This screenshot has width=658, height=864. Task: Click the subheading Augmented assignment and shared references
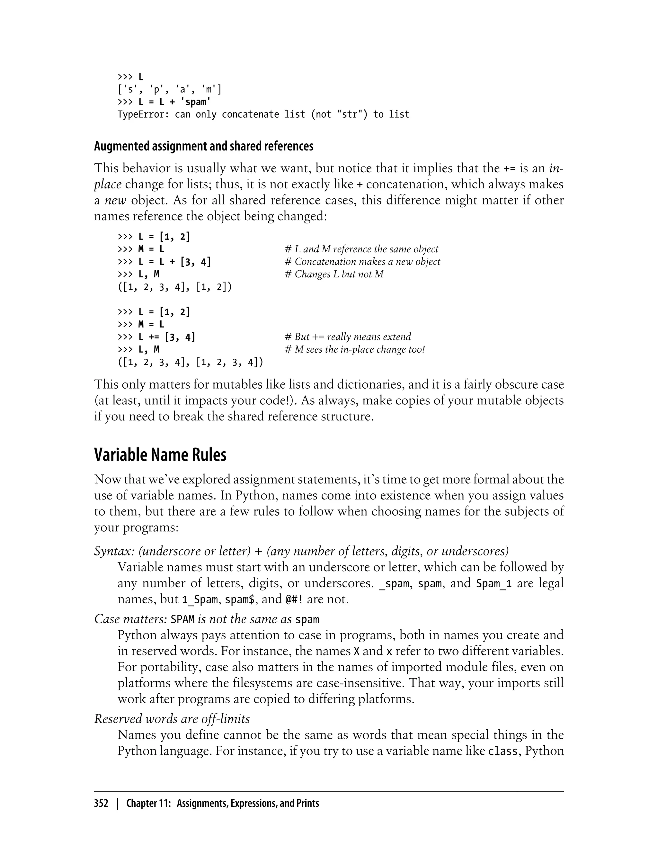204,146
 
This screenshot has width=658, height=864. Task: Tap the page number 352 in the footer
101,803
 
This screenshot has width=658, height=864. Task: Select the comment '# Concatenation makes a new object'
362,262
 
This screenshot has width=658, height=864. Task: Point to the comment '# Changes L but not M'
334,274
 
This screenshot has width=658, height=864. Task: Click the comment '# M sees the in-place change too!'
354,349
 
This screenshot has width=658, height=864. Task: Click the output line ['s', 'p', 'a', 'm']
169,90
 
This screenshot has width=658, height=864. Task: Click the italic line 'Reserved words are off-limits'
172,719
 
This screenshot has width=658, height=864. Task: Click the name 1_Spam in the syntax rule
200,599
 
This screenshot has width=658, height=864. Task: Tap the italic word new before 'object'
116,200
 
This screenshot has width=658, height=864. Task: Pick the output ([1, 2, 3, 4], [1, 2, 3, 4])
190,363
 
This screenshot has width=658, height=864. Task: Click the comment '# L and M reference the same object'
361,249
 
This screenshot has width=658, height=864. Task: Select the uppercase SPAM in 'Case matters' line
182,619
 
